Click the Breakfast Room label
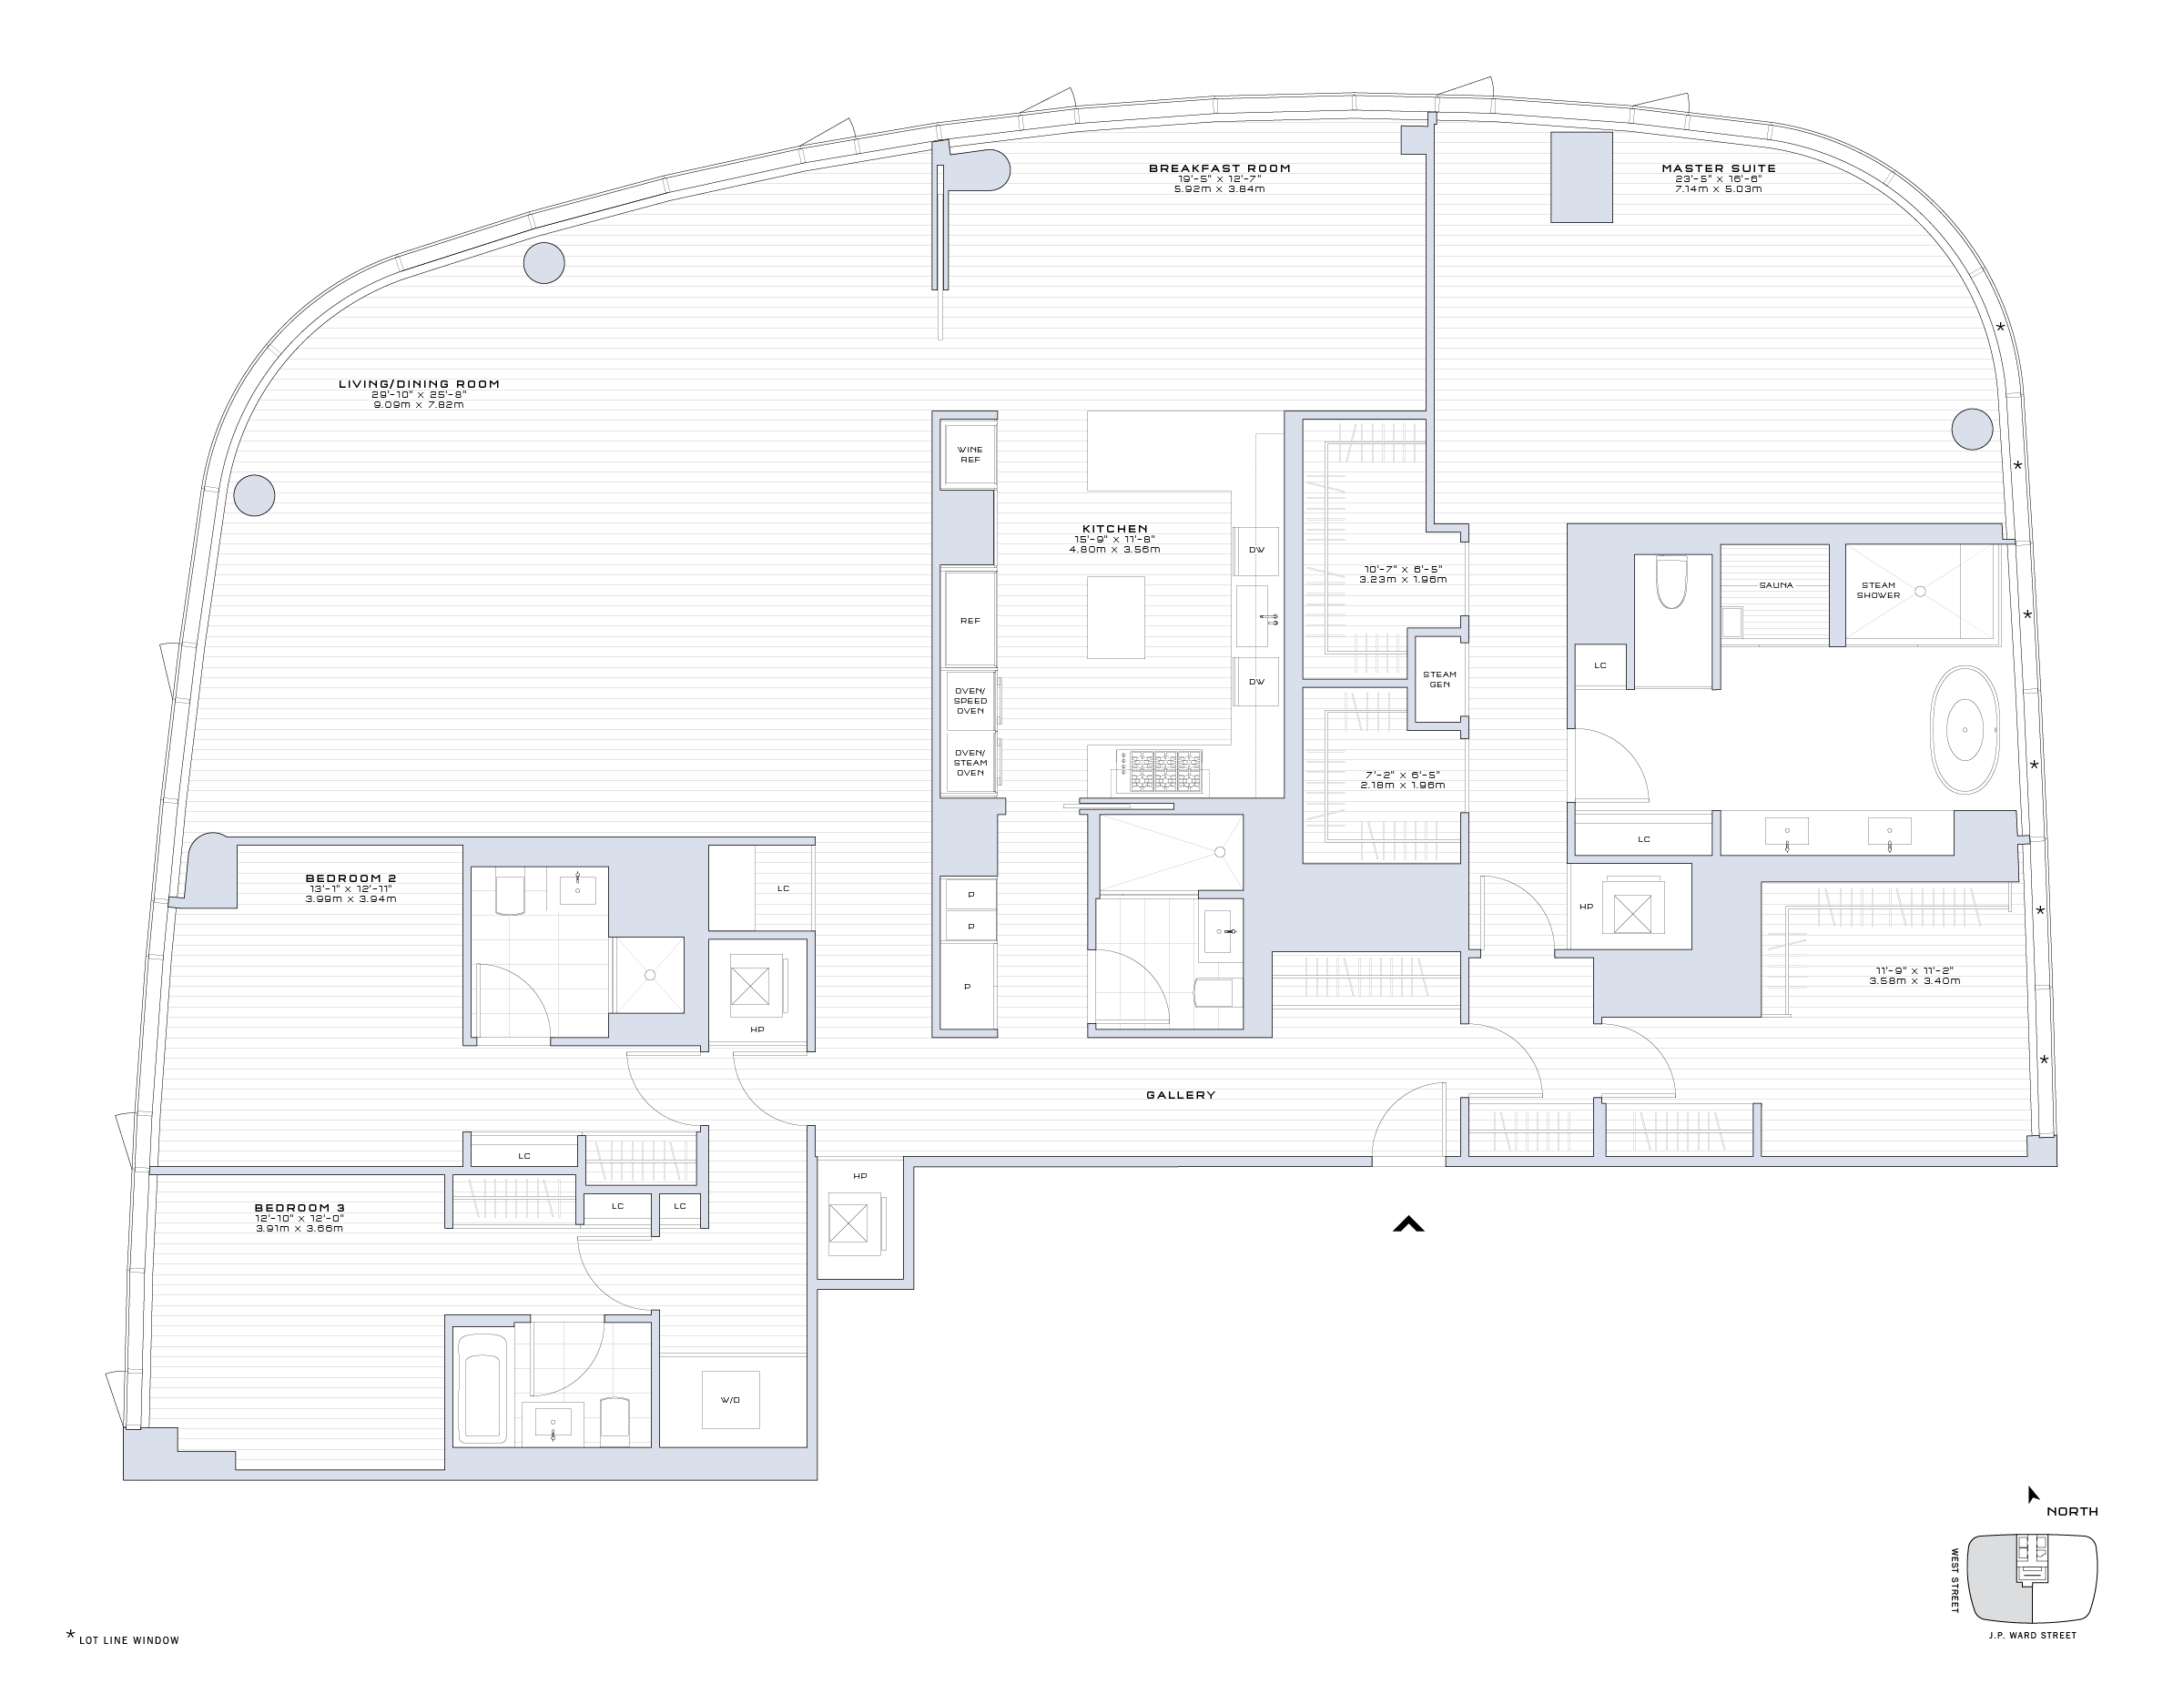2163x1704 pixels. [x=1219, y=168]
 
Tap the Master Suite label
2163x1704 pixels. [x=1718, y=168]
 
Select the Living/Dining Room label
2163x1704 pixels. [x=419, y=384]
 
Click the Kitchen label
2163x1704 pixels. [x=1114, y=529]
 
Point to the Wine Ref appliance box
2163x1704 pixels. [x=970, y=455]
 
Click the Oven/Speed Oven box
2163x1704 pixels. [x=970, y=700]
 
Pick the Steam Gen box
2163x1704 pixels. [x=1438, y=679]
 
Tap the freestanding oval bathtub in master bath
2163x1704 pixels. [x=1965, y=730]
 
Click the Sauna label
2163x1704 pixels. [x=1776, y=585]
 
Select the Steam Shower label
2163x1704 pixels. [x=1878, y=591]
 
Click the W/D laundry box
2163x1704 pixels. [x=730, y=1400]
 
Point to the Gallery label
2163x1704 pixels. [x=1180, y=1095]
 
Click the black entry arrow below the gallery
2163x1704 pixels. [x=1407, y=1224]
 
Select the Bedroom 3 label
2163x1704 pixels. [x=300, y=1208]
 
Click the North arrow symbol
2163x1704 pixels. [x=2032, y=1495]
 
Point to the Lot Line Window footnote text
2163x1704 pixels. [x=128, y=1640]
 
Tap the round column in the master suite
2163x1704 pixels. [x=1972, y=430]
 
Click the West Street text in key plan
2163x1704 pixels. [x=1955, y=1580]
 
